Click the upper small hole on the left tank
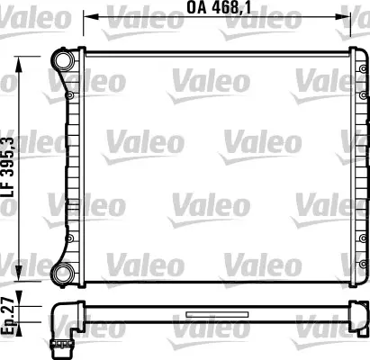(x=69, y=91)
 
